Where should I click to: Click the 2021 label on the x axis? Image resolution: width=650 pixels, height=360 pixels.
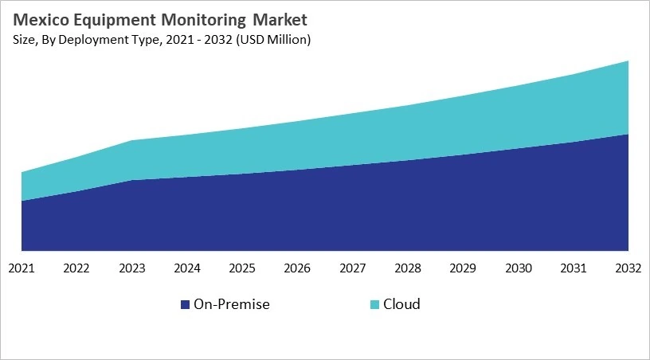22,268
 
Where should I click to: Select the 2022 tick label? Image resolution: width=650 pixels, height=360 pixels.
76,268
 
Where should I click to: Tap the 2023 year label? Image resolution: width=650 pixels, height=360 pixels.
132,268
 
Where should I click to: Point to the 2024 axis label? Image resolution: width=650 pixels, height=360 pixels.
187,268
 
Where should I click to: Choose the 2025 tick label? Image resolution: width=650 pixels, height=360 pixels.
242,268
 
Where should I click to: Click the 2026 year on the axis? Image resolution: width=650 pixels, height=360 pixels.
297,268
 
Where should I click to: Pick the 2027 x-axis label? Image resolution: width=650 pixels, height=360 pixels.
353,268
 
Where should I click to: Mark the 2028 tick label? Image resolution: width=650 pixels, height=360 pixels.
408,268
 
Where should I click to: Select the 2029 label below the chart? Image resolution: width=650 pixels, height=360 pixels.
463,268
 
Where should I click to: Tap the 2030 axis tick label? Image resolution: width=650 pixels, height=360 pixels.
518,268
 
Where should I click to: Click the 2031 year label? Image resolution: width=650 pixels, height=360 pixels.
574,268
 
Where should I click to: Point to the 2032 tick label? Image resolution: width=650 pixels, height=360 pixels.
628,268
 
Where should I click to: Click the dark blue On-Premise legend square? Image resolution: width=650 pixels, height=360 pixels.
186,305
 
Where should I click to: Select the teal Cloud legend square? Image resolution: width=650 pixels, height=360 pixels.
374,305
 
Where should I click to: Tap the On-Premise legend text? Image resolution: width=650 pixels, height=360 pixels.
232,304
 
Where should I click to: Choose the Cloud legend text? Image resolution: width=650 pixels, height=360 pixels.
401,304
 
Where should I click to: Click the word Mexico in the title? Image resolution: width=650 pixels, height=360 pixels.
39,19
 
